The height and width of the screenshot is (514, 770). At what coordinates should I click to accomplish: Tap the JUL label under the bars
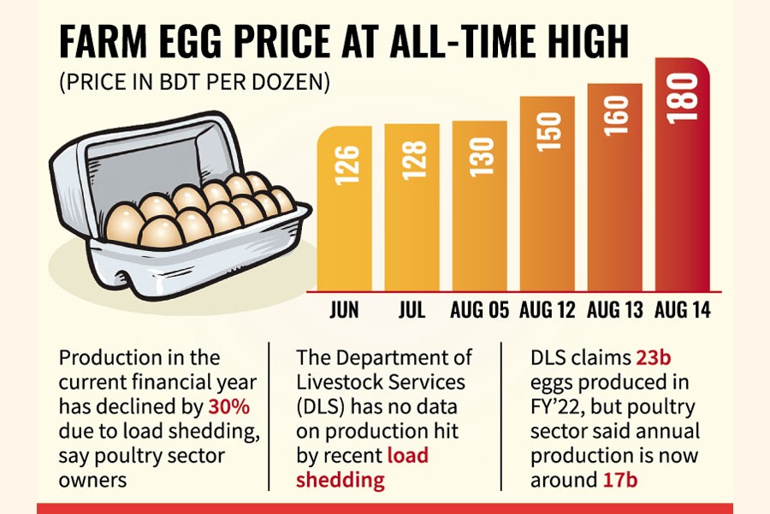(412, 309)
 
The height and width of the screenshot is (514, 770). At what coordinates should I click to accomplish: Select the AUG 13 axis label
(614, 309)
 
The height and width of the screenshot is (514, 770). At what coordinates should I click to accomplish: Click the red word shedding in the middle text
(341, 480)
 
